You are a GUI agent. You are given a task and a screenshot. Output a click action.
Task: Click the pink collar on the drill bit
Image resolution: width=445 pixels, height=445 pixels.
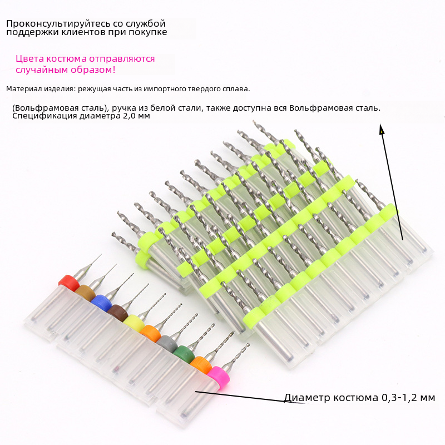[218, 375]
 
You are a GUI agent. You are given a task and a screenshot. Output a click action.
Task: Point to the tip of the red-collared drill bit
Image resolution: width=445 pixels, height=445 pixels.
[101, 254]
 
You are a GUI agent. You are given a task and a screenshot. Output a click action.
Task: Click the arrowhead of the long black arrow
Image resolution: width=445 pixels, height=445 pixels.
[382, 128]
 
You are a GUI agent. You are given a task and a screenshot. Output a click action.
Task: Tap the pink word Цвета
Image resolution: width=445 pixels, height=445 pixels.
[30, 59]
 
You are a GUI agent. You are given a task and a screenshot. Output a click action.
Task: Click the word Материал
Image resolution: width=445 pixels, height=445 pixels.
[24, 89]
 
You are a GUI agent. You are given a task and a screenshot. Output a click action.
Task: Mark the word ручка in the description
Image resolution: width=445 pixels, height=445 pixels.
[121, 108]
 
